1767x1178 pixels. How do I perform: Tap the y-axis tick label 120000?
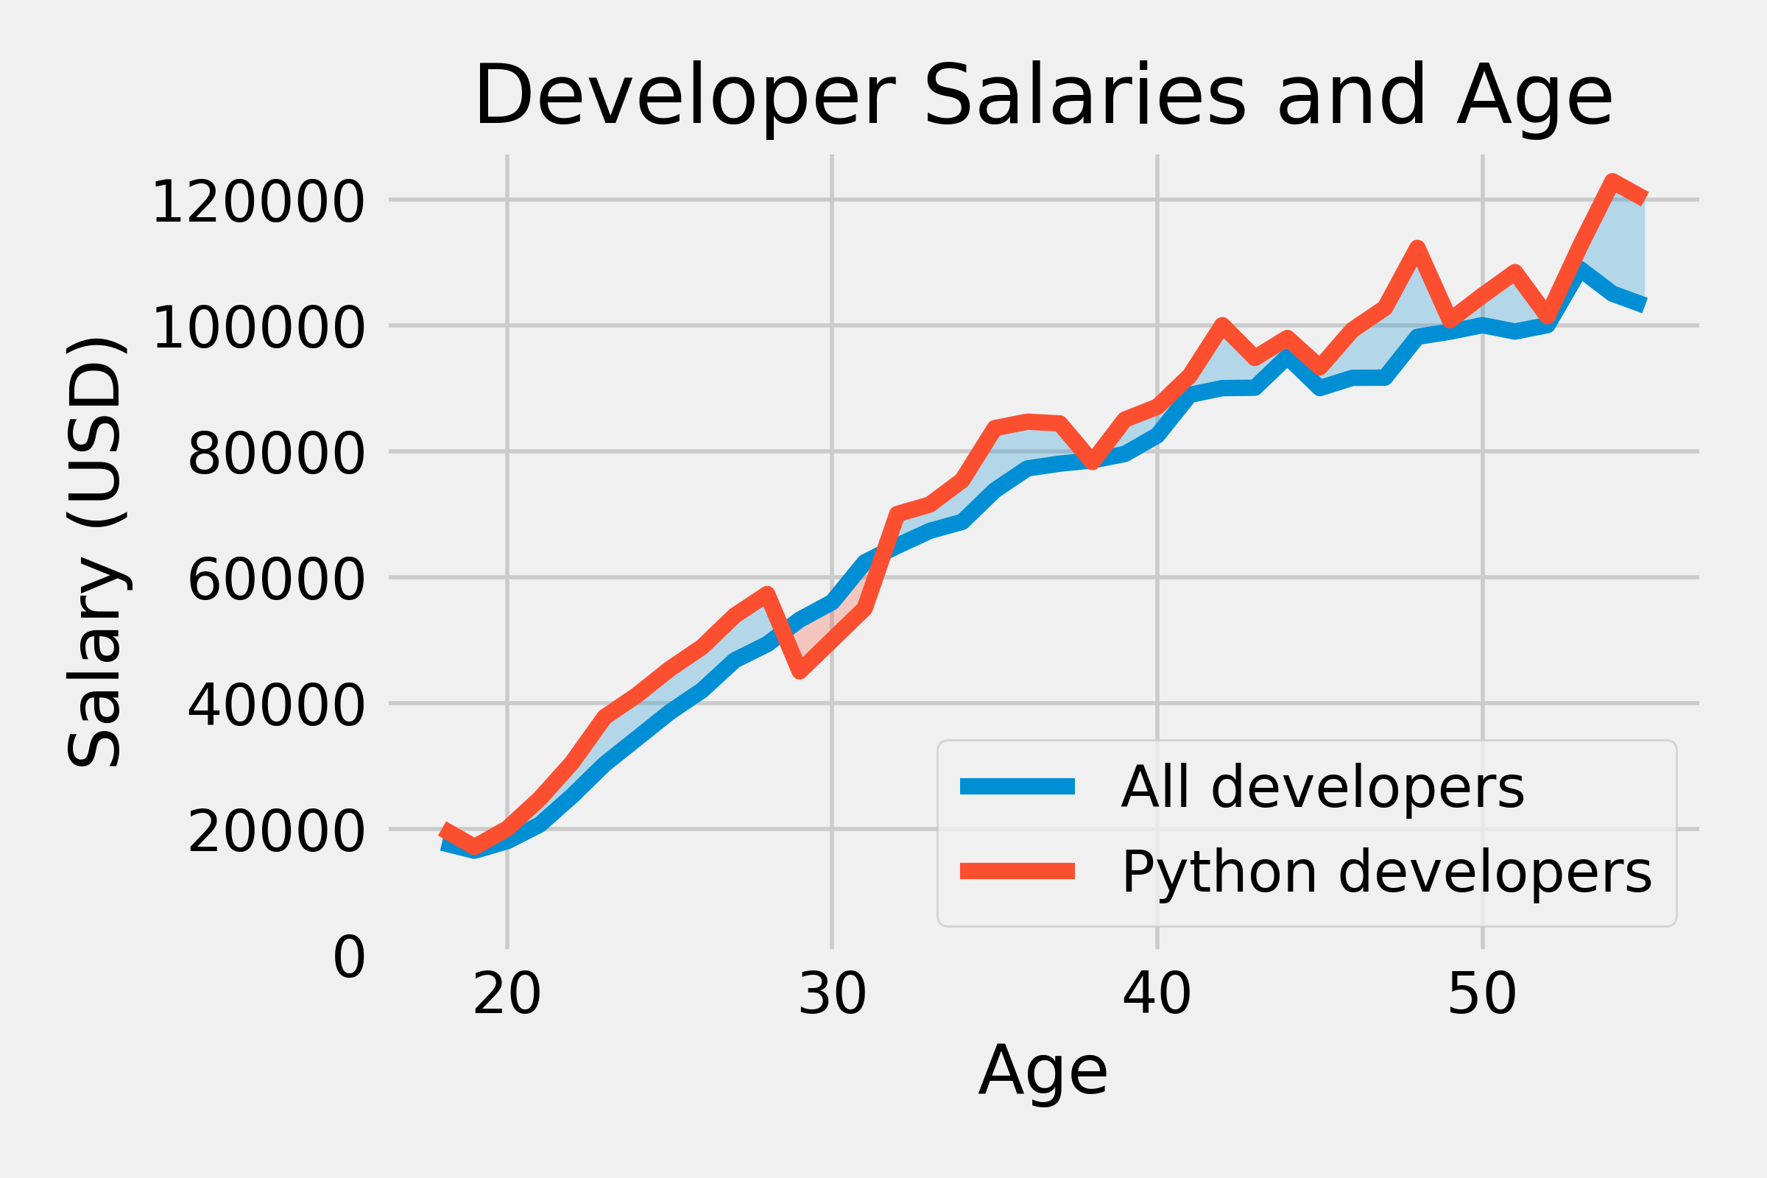pyautogui.click(x=258, y=202)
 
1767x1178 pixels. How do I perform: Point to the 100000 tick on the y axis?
pyautogui.click(x=258, y=328)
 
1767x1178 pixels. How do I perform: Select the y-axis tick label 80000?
pyautogui.click(x=275, y=454)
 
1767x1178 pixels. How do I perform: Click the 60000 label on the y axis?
pyautogui.click(x=275, y=581)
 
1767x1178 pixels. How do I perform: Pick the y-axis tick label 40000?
pyautogui.click(x=275, y=707)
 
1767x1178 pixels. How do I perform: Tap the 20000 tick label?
pyautogui.click(x=275, y=833)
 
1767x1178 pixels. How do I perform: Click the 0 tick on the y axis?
pyautogui.click(x=348, y=959)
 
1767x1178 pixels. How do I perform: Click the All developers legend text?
pyautogui.click(x=1322, y=787)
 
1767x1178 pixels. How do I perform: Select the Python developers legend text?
pyautogui.click(x=1386, y=872)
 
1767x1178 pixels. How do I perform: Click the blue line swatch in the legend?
pyautogui.click(x=1017, y=786)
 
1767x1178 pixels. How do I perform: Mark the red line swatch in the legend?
pyautogui.click(x=1017, y=872)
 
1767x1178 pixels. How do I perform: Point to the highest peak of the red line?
pyautogui.click(x=1612, y=180)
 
